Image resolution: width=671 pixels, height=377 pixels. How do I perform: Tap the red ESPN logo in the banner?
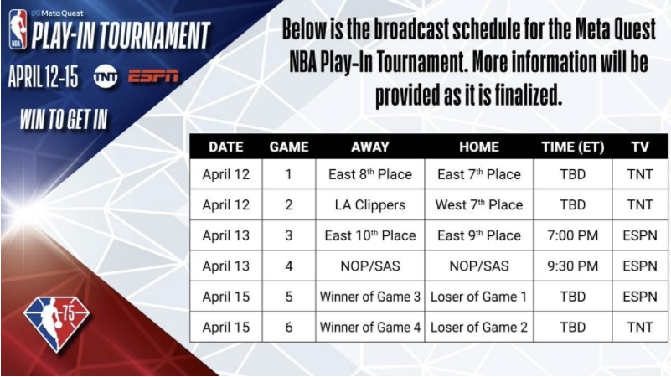click(154, 76)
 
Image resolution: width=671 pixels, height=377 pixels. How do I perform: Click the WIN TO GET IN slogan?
click(64, 119)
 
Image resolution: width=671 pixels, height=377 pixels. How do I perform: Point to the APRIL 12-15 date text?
click(43, 76)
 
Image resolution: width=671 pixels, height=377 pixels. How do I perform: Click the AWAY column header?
click(369, 146)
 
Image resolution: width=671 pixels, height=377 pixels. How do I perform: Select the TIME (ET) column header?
click(573, 146)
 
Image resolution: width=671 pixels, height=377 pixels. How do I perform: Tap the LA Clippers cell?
click(369, 205)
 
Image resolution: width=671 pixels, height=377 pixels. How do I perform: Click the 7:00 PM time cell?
click(573, 235)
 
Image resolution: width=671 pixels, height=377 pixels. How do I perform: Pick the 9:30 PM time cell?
click(573, 266)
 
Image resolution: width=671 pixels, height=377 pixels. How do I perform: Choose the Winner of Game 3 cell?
click(369, 297)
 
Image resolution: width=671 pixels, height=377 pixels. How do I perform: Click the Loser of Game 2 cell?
click(479, 327)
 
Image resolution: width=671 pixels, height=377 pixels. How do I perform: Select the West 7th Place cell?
click(479, 205)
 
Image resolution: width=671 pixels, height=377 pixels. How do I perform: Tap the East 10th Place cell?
click(369, 235)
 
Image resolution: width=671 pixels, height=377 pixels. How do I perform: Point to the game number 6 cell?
click(288, 327)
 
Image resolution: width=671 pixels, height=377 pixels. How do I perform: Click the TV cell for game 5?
click(640, 297)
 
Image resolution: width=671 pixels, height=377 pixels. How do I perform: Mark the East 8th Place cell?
click(369, 175)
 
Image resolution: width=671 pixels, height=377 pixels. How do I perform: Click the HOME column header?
click(479, 146)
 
